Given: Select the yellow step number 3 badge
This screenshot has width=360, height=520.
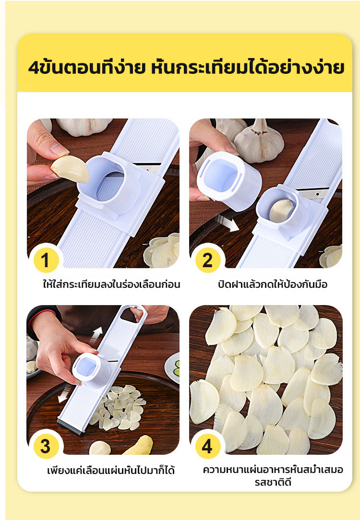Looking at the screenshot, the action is click(x=46, y=447).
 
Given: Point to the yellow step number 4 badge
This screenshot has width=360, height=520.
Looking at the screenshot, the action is click(x=208, y=447).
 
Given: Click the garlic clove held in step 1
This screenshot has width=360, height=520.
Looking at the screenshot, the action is click(x=70, y=169).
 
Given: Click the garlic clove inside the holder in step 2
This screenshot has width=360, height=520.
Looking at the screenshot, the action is click(x=281, y=210).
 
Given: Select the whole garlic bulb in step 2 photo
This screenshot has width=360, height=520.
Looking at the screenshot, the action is click(x=259, y=141).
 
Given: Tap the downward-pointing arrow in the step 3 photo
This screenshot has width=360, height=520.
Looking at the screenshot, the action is click(x=64, y=394).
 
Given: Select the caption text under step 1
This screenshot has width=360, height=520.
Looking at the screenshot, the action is click(x=111, y=284).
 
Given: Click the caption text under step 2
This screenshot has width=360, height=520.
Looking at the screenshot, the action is click(x=273, y=284).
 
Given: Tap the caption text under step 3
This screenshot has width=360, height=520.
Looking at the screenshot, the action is click(x=111, y=470).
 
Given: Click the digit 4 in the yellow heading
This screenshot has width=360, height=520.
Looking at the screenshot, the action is click(x=34, y=68).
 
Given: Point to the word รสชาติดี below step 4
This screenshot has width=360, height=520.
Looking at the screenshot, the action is click(x=273, y=482).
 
